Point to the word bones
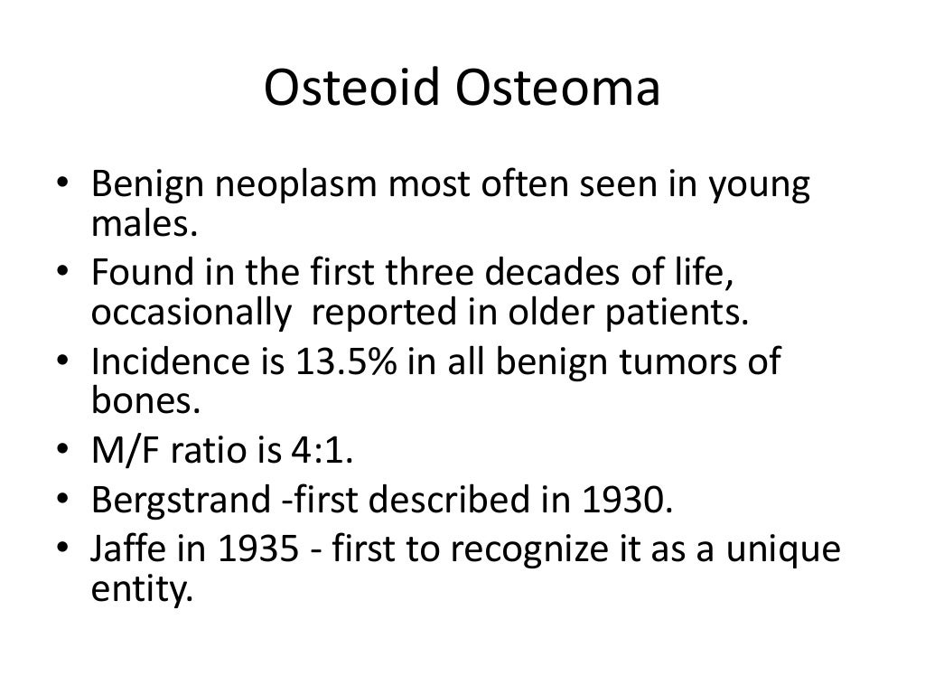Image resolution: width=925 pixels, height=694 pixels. coord(144,398)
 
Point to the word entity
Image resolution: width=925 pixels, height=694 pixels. coord(143,589)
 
